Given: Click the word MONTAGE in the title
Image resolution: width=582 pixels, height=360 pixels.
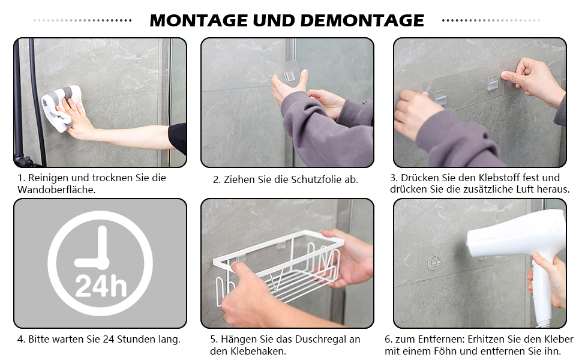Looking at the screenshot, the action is (x=199, y=20).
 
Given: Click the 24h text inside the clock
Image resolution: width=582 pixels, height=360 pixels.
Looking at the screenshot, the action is (x=101, y=286).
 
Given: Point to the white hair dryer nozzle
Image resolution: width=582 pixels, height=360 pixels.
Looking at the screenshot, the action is (x=477, y=241).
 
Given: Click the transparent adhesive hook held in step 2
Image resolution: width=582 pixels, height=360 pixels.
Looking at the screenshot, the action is (x=287, y=74).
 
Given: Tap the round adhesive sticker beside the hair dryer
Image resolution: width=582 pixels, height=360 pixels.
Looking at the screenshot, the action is (x=434, y=263).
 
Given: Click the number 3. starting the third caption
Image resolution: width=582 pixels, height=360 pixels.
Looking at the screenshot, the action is (x=394, y=178).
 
